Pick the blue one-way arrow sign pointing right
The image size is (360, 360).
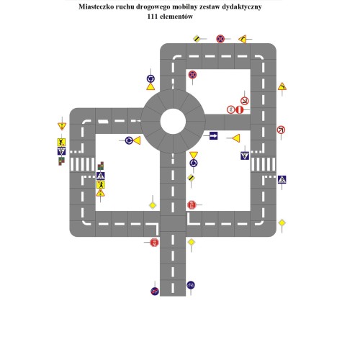pos(213,135)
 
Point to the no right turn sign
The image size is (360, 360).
pos(281,130)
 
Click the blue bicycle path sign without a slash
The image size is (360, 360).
pos(191,285)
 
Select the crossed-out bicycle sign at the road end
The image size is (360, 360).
pos(155,290)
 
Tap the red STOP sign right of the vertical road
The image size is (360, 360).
pos(192,204)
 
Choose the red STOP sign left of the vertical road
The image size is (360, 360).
pos(154,242)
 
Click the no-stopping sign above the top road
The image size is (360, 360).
pos(221,38)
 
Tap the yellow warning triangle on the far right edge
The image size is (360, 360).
pos(282,86)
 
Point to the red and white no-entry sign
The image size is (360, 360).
pos(238,109)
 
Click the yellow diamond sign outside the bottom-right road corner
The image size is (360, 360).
pos(282,222)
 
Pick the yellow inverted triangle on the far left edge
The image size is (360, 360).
pos(61,127)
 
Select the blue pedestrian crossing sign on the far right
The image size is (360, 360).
pos(282,179)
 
